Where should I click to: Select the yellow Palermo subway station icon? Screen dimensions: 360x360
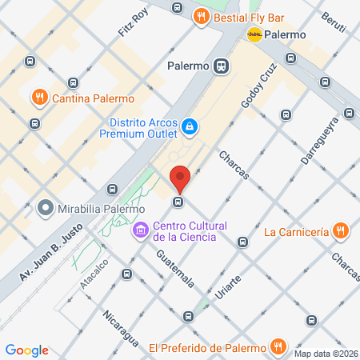(256, 34)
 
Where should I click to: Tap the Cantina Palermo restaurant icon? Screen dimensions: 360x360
(38, 98)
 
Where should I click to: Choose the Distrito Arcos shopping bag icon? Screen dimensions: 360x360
(189, 126)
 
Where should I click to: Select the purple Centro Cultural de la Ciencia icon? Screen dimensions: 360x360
(140, 230)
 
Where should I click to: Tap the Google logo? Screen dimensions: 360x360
(26, 350)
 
